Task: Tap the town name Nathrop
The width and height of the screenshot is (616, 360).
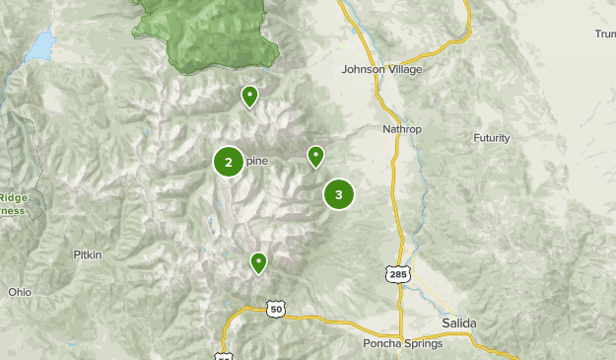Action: [402, 129]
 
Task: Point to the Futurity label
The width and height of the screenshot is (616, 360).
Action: [492, 137]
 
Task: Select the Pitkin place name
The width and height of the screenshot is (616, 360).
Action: [88, 254]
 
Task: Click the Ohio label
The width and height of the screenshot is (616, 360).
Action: [20, 292]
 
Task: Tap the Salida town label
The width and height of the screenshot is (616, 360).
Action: [459, 324]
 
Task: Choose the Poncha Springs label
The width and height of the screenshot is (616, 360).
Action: [403, 343]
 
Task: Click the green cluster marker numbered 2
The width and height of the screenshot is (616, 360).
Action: [229, 162]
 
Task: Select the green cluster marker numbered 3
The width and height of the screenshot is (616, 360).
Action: [339, 194]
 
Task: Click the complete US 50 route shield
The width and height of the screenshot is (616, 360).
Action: [275, 310]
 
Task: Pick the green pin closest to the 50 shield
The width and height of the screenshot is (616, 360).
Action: [258, 262]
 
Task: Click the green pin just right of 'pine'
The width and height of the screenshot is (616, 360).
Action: [315, 156]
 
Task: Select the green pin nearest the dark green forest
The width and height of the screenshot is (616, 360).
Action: [250, 96]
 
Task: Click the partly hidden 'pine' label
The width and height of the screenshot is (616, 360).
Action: [255, 162]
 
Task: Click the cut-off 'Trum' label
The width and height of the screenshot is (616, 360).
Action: [604, 35]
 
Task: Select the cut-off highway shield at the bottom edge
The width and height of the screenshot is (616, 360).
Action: [226, 355]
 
